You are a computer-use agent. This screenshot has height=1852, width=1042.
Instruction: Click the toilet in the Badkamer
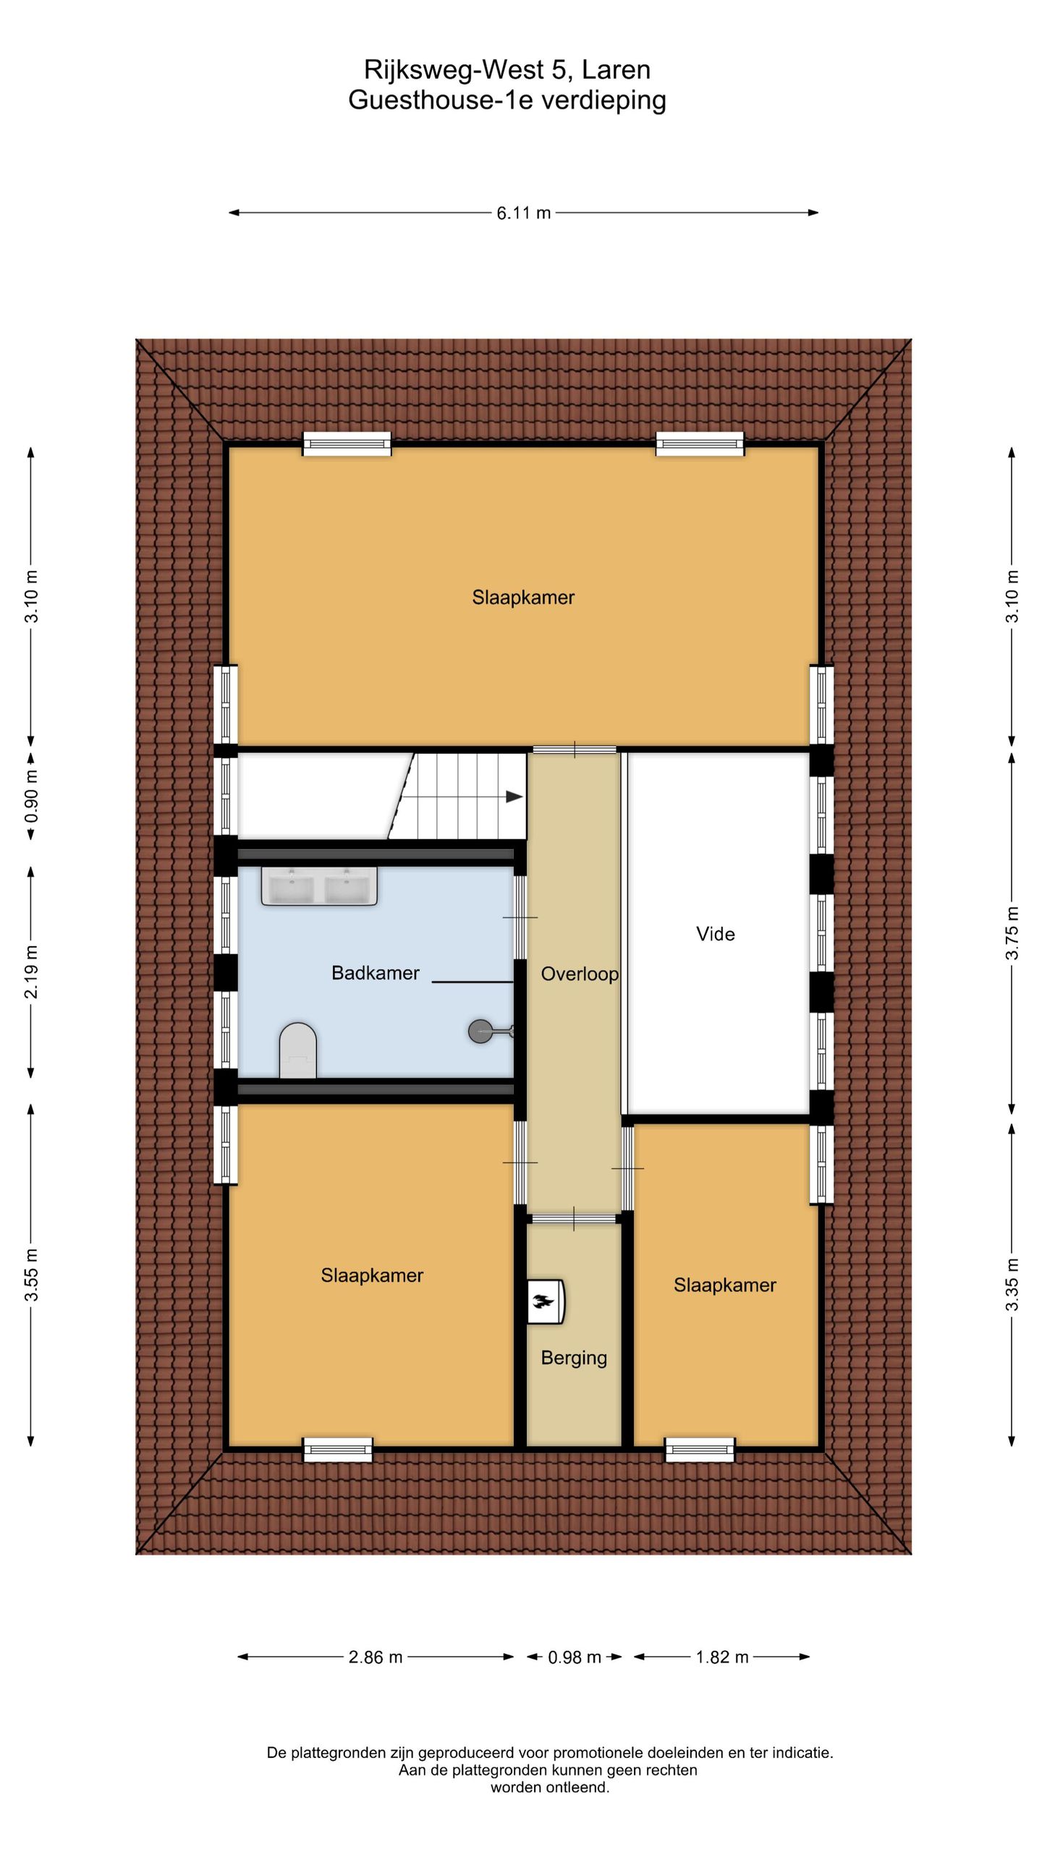(297, 1050)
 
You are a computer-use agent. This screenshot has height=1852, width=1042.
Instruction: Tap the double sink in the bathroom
(319, 886)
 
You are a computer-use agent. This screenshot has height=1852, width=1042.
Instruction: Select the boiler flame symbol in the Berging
(543, 1302)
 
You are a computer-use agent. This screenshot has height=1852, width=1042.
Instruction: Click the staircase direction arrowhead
(514, 797)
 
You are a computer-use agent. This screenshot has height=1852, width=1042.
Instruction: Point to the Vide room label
(715, 934)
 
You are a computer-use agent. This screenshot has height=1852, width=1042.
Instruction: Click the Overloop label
(580, 974)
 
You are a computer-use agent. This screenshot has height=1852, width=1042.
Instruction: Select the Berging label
(574, 1358)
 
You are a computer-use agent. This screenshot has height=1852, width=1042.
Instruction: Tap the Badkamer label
(375, 973)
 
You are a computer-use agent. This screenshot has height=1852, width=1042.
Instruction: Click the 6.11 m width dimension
(523, 213)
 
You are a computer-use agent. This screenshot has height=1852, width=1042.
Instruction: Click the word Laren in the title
(616, 69)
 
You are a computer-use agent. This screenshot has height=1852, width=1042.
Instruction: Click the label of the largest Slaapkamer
(523, 598)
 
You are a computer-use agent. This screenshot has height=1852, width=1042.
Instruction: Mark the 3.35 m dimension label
(1012, 1284)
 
